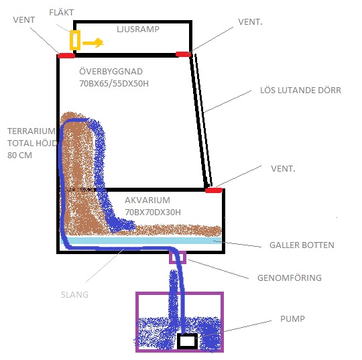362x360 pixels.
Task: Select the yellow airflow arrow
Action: coord(93,43)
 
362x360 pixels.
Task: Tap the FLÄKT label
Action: coord(62,12)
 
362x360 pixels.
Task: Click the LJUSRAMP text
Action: coord(138,29)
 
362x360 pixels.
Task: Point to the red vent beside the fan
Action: coord(66,56)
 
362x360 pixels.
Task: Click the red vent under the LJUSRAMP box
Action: coord(184,54)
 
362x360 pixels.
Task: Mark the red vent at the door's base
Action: coord(214,190)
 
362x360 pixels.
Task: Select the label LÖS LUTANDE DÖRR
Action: coord(300,90)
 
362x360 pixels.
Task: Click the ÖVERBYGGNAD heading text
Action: coord(111,71)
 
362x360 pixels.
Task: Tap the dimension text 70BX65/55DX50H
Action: coord(114,83)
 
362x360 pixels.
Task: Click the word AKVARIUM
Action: coord(147,200)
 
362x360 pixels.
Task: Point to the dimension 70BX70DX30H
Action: coord(153,212)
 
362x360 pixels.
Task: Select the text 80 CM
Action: coord(19,155)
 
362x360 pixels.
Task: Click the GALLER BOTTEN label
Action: coord(302,245)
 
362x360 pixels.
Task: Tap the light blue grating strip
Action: coord(141,241)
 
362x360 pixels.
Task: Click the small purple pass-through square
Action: coord(178,257)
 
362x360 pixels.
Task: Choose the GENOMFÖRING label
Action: coord(290,278)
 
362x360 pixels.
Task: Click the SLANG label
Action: coord(74,295)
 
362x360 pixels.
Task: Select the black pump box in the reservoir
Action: coord(187,341)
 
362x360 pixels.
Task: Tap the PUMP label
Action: coord(292,318)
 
